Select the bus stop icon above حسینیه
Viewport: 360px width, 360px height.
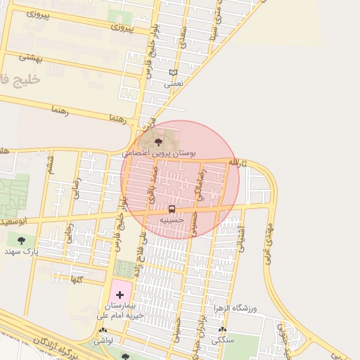click(x=172, y=209)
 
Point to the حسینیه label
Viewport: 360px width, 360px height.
click(x=172, y=219)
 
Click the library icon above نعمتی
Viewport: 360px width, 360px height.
click(x=173, y=72)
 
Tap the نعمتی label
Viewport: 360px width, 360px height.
click(x=173, y=83)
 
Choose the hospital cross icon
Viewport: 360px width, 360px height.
click(x=119, y=293)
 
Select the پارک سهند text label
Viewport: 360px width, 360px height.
click(x=20, y=250)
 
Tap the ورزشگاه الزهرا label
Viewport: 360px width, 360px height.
click(x=236, y=309)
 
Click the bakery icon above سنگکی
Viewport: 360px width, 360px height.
click(x=223, y=330)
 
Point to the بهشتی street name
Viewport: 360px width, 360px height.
click(x=32, y=59)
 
